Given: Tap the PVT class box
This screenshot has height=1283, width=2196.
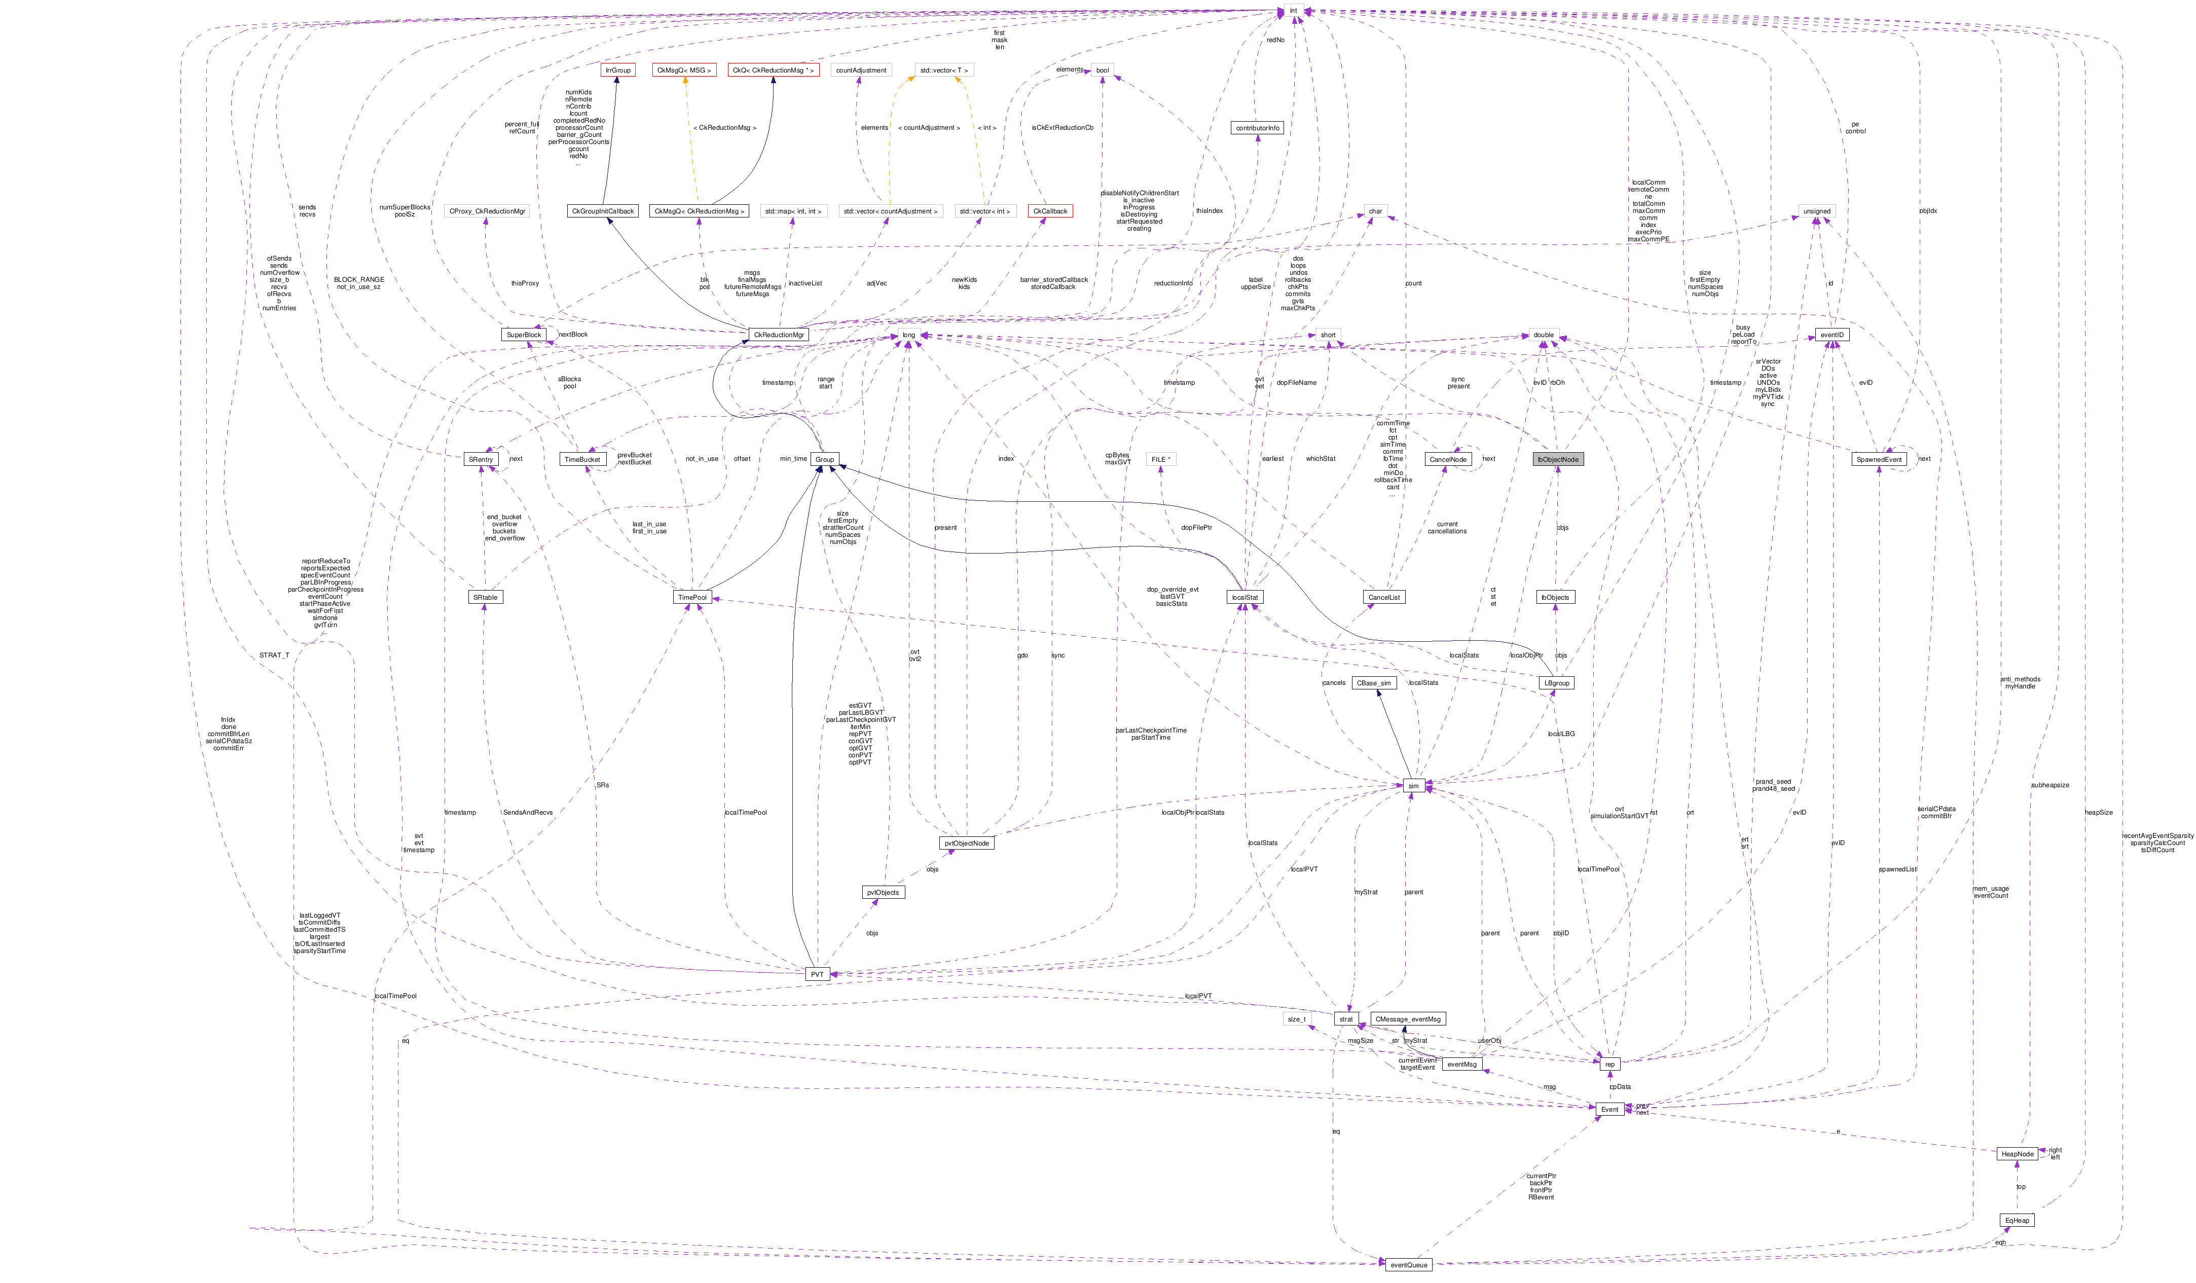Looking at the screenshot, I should (x=817, y=974).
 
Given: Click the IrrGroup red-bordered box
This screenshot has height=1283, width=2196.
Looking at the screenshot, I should (x=618, y=70).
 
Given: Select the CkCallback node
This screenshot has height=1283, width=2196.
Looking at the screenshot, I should (x=1049, y=211).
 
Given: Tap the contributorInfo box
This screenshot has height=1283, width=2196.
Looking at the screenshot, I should (x=1258, y=128).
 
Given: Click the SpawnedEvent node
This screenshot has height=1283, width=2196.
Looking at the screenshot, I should (x=1878, y=459).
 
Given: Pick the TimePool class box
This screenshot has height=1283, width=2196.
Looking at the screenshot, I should (x=693, y=597).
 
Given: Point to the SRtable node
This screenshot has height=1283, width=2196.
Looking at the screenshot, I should (x=485, y=597).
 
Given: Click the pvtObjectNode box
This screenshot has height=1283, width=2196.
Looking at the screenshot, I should (x=966, y=844).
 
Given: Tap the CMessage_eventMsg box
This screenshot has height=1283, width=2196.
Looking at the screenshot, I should (x=1407, y=1019).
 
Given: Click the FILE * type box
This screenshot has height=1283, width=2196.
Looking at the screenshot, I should (x=1161, y=459).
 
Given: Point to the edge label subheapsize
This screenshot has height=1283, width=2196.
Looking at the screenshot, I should (x=2049, y=785).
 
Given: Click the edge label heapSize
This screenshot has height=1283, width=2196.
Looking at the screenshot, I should (x=2098, y=813).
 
